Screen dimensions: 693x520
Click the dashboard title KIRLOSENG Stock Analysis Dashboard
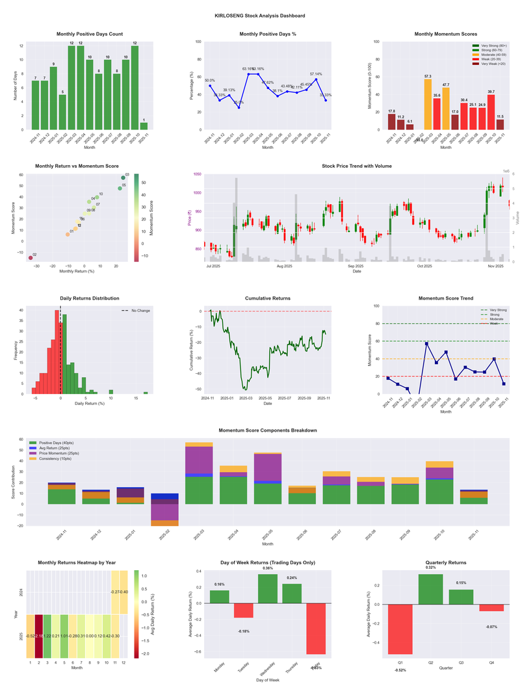click(259, 15)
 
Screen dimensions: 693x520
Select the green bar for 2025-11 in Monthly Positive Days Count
click(144, 126)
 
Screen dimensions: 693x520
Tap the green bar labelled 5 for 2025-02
click(62, 112)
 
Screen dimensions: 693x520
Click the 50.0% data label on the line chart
click(209, 81)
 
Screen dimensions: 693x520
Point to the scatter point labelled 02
click(30, 258)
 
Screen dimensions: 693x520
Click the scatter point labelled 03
click(123, 177)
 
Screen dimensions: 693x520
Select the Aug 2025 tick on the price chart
click(284, 266)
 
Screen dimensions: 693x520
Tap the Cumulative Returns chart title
click(268, 298)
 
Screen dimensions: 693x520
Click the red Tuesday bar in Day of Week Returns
click(243, 610)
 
